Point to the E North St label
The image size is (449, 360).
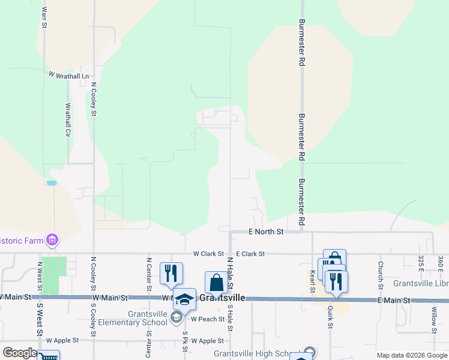(266, 231)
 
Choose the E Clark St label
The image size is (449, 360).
(250, 254)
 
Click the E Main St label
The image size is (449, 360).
(394, 300)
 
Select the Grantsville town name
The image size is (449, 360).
(222, 298)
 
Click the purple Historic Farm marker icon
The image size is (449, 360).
(52, 241)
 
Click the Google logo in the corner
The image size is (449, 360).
(19, 353)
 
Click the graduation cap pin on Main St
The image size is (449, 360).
(184, 299)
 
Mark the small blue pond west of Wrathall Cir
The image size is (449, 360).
(51, 183)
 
